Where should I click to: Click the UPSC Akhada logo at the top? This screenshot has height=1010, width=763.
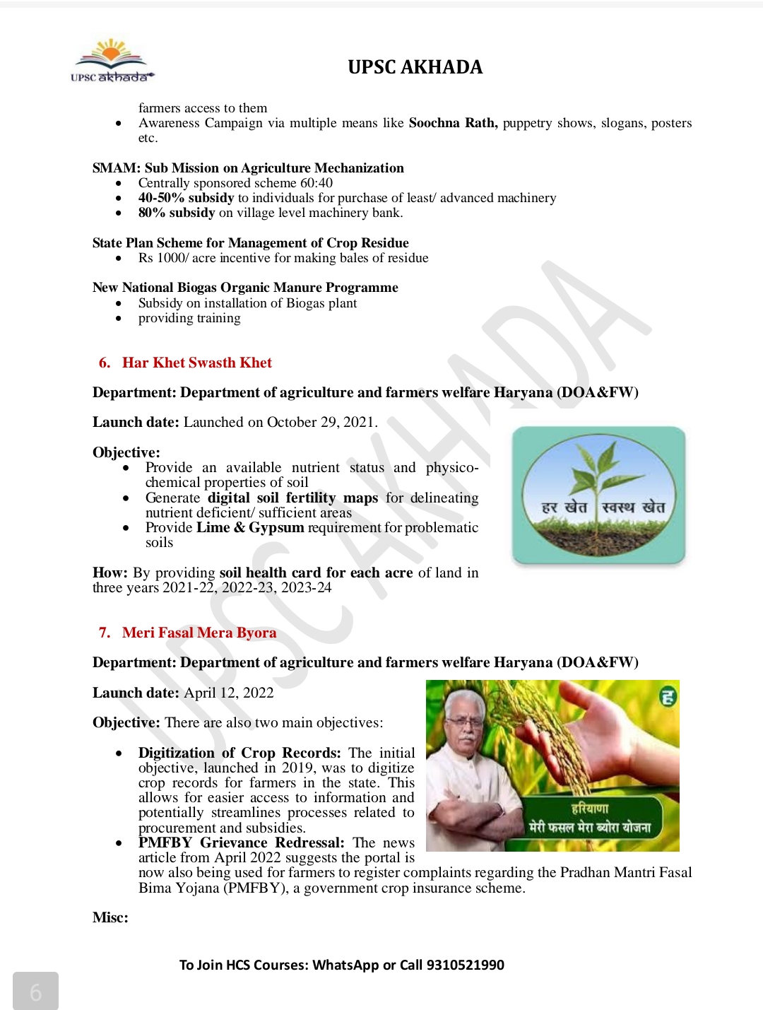pos(112,61)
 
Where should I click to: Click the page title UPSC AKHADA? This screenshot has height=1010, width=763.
pos(415,67)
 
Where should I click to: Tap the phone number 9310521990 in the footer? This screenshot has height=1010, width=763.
pos(465,965)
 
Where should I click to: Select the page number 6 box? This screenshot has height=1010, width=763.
pos(35,991)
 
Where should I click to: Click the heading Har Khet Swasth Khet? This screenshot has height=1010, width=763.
pos(196,363)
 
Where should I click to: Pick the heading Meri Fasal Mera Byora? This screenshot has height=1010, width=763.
pos(199,633)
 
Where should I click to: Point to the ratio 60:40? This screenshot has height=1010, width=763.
pos(316,183)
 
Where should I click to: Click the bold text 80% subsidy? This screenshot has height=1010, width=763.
pos(177,213)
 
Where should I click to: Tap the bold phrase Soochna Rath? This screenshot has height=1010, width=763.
pos(452,123)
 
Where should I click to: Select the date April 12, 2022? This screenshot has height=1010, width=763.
pos(228,693)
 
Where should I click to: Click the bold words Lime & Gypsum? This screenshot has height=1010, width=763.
pos(250,528)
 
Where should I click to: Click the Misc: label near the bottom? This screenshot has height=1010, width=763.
pos(110,917)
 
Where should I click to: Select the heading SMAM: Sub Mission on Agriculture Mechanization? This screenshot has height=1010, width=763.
pos(248,168)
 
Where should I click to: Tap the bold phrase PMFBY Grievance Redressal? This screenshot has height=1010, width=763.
pos(241,842)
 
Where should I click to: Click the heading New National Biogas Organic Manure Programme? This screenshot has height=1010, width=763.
pos(245,288)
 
